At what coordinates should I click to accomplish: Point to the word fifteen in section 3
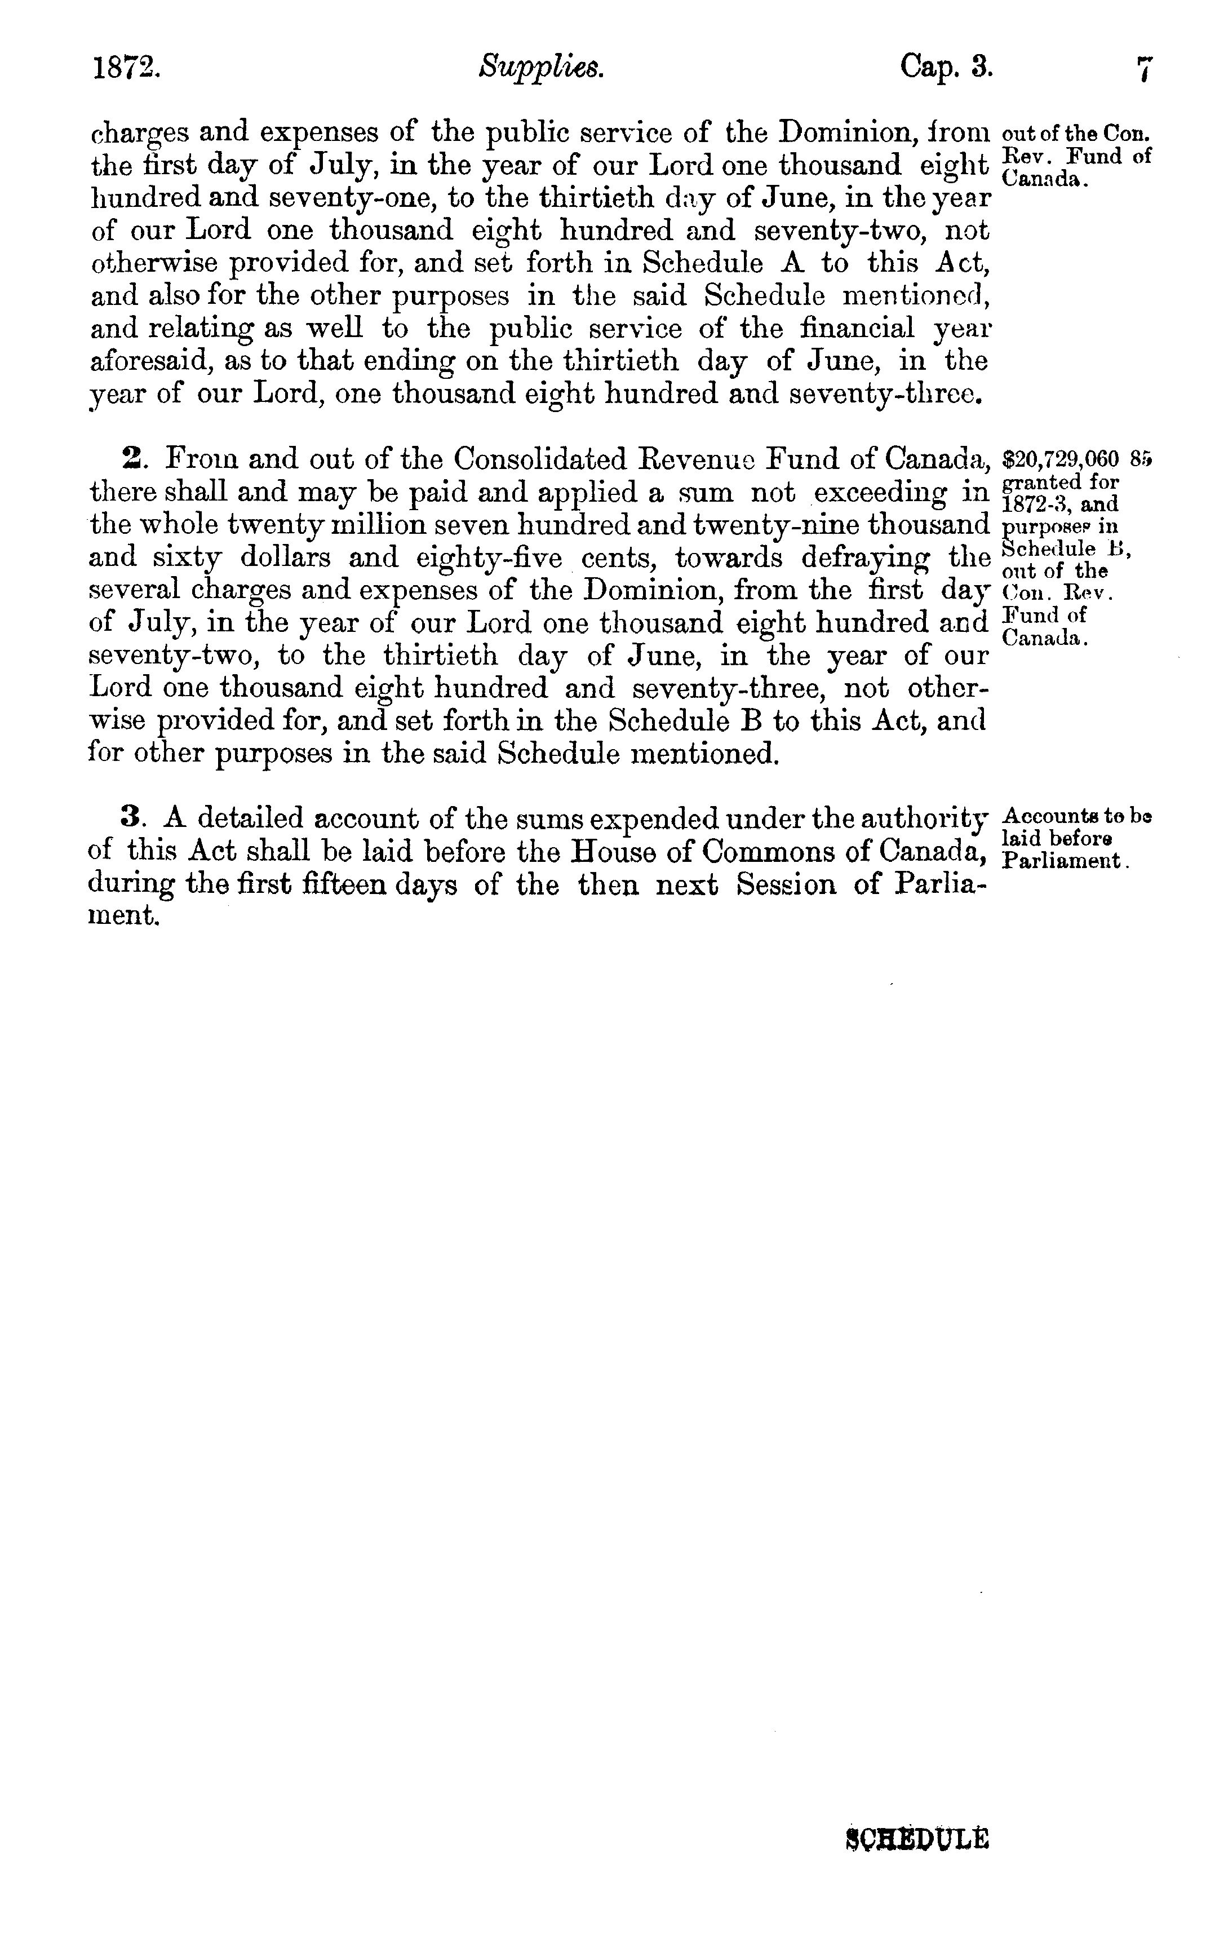point(371,884)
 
